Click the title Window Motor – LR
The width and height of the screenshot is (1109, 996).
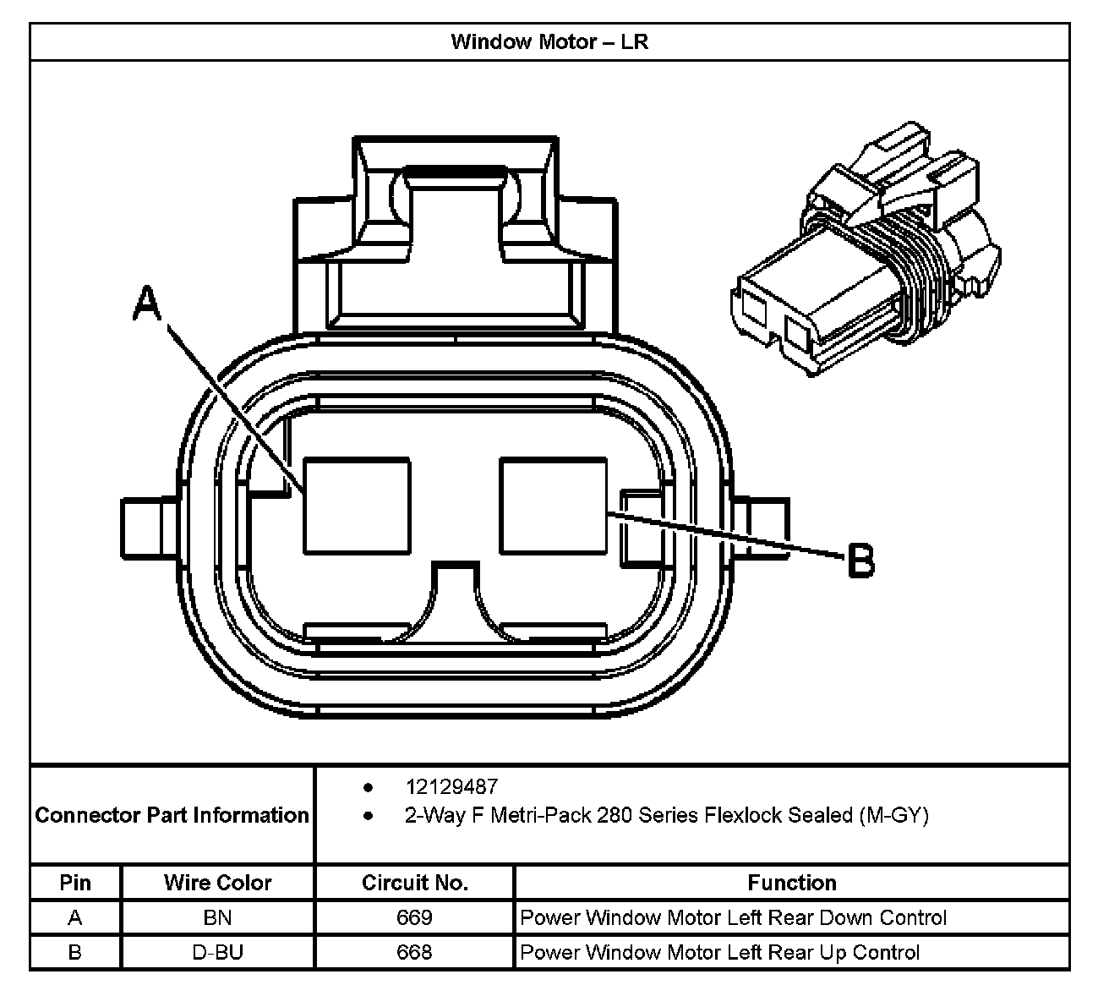[x=549, y=41]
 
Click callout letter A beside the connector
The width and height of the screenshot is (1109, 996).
[x=147, y=304]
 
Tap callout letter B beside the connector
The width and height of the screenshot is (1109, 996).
[x=860, y=561]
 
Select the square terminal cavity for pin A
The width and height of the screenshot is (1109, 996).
[x=357, y=506]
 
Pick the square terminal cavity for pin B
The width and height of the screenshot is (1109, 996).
[x=553, y=506]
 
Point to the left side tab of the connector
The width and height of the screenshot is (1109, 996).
[x=148, y=528]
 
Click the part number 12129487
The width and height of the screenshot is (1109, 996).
[x=451, y=787]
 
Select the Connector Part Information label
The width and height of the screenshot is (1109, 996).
[x=172, y=815]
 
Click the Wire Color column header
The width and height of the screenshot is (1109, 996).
[x=218, y=883]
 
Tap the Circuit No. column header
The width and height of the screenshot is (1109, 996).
[x=414, y=883]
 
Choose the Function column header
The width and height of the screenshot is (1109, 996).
[x=791, y=883]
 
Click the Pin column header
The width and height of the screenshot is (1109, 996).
[x=75, y=883]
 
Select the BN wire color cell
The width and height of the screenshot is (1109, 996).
[x=218, y=917]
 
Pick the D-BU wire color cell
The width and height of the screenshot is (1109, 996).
[x=218, y=952]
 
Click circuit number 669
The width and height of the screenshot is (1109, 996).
[x=414, y=917]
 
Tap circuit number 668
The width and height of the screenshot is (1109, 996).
[x=414, y=952]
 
